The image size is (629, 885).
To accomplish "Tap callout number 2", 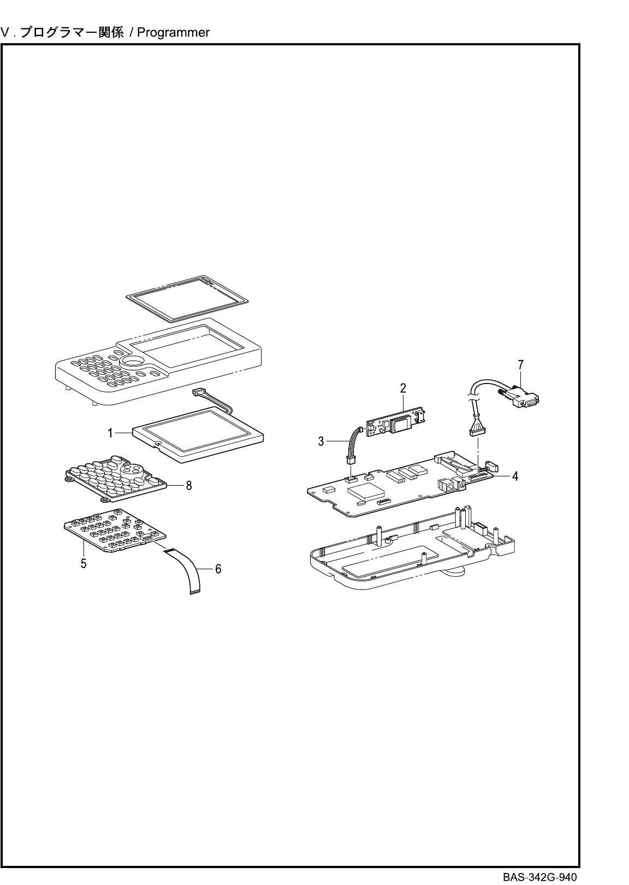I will coord(403,388).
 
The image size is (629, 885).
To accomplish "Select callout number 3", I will coord(322,441).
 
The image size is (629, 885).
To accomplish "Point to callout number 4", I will coord(515,476).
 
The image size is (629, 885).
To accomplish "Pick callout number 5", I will coord(84,563).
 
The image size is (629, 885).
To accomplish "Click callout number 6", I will coord(218,569).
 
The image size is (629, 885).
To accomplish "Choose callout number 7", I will coord(520,364).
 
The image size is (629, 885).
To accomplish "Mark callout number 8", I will coord(189,485).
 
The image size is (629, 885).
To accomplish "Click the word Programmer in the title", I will coord(173,33).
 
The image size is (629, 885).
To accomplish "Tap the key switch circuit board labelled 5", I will coord(115,530).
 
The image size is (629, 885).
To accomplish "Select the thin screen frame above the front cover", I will coord(186,298).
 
